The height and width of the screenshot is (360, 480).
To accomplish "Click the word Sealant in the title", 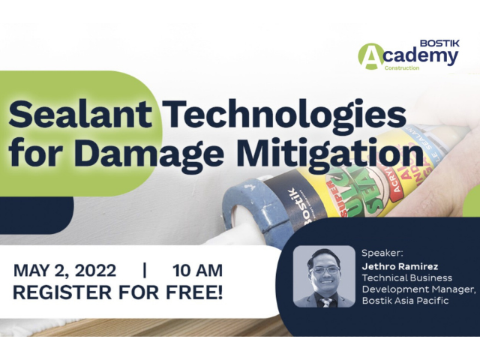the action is [80, 114].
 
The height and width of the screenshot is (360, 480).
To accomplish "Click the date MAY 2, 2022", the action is [65, 271].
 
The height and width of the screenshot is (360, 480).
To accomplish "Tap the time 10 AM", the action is [197, 271].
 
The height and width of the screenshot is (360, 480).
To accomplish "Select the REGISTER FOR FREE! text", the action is [118, 292].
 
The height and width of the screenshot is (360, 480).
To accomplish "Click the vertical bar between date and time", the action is [145, 271].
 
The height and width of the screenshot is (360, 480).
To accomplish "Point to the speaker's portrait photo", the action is [324, 277].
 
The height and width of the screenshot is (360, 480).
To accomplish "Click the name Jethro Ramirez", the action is [400, 267].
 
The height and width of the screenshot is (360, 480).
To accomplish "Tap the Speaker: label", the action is [382, 253].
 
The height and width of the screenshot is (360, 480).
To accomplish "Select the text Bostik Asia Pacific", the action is [405, 300].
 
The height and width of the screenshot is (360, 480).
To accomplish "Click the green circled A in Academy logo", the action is [370, 56].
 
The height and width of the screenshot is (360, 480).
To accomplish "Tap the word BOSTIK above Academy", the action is [439, 43].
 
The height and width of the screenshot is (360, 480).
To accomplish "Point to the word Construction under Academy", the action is [402, 68].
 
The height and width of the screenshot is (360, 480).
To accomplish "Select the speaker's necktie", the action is [325, 302].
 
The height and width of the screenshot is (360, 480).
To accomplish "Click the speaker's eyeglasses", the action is [325, 270].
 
